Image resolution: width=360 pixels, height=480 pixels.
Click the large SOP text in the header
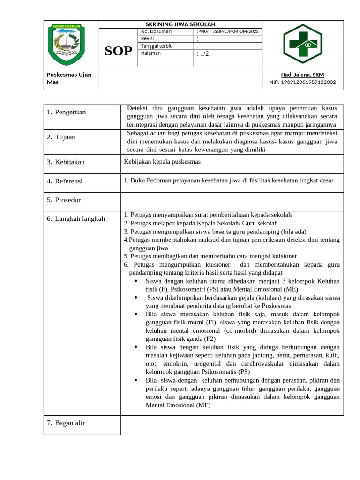point(118,51)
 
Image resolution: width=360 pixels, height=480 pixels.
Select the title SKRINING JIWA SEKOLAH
point(180,24)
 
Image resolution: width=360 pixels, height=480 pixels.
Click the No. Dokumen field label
point(156,31)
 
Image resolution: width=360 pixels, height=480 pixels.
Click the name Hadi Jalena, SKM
point(302,75)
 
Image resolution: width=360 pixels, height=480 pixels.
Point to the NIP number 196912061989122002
point(302,82)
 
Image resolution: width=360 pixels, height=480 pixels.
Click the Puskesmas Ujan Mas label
point(69,78)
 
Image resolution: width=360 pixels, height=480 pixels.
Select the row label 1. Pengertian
point(67,112)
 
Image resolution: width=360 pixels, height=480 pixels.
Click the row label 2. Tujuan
point(61,137)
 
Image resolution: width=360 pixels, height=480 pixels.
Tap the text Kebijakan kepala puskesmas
point(162,162)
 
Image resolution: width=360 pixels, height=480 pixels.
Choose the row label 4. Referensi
point(65,181)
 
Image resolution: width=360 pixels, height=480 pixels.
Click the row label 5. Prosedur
point(64,200)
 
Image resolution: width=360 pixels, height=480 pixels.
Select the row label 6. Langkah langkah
point(76,218)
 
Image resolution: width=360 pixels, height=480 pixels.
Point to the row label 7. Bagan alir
point(66,423)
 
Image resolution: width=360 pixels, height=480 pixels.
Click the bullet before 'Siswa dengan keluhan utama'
point(135,281)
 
